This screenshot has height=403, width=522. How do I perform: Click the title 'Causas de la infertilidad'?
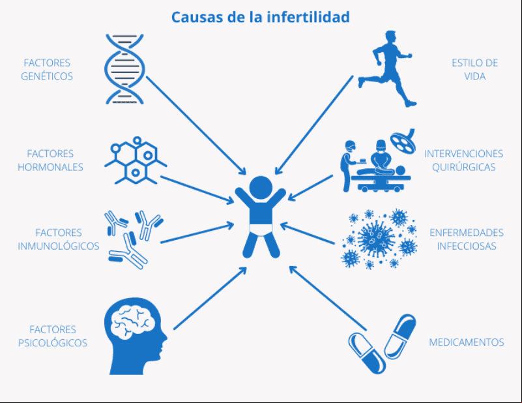coord(260,18)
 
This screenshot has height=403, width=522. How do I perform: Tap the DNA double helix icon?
coord(124,69)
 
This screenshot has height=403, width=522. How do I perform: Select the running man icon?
coord(387,68)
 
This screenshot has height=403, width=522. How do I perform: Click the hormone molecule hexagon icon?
coord(136,160)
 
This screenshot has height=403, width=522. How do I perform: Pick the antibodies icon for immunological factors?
coord(134,239)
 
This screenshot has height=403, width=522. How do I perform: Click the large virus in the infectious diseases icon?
coord(376,238)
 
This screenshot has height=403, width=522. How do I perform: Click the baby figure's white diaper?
coord(261,230)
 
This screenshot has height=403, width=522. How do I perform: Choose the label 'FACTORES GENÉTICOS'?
coord(47,69)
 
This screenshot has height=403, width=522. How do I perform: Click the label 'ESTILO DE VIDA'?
coord(474,69)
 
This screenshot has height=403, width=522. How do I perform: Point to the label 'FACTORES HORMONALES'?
coord(50,160)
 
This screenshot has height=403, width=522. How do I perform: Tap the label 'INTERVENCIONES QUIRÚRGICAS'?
coord(463,160)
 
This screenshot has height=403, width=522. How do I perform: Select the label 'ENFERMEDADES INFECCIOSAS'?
coord(467,239)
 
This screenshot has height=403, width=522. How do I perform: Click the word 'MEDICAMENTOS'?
coord(467,342)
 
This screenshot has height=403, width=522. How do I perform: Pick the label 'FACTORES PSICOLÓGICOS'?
coord(53,336)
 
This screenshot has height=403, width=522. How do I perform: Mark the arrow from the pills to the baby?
coord(328,298)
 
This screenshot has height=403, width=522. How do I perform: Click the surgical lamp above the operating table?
coord(403,141)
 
